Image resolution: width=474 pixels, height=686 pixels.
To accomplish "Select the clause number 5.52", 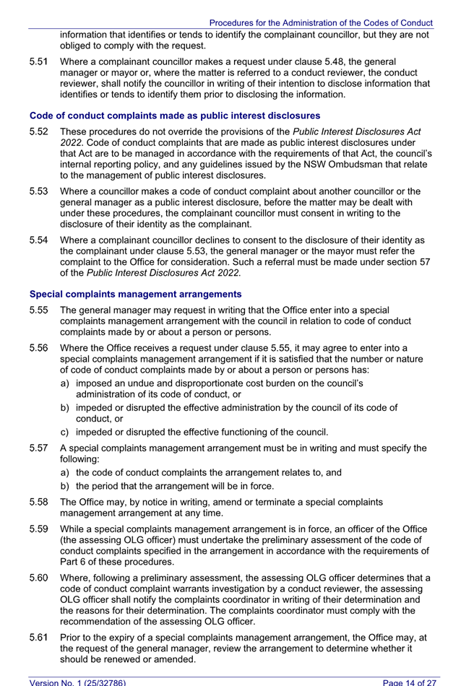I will [x=39, y=132].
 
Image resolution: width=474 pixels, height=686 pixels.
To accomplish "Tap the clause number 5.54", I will [x=39, y=240].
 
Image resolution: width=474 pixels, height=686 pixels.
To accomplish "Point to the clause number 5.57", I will [x=39, y=448].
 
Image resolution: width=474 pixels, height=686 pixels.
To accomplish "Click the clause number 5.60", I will [x=39, y=578].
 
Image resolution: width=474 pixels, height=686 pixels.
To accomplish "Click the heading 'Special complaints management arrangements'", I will [x=135, y=294].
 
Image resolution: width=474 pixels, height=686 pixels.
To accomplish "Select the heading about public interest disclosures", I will [x=174, y=116].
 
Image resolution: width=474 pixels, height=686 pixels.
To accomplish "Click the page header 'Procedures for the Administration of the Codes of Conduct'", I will [x=321, y=23].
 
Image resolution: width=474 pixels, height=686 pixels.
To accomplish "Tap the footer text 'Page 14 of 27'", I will [x=410, y=682].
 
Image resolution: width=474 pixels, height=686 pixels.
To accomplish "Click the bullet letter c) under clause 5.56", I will [x=66, y=433].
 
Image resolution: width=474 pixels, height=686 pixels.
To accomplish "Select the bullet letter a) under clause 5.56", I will [x=66, y=382].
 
